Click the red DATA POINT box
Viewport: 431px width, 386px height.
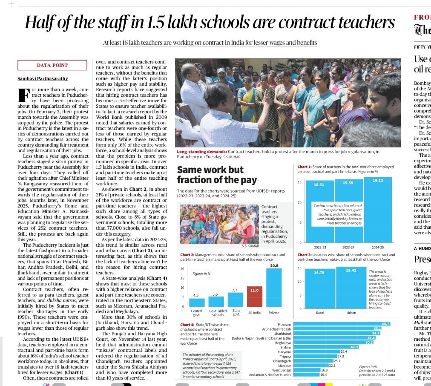52,65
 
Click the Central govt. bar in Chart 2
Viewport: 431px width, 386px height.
197,302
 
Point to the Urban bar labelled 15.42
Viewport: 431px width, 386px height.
351,288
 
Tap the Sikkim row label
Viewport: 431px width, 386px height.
285,348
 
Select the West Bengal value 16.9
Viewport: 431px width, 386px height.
325,370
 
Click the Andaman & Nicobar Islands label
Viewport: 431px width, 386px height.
270,374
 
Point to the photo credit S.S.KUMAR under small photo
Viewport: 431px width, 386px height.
251,245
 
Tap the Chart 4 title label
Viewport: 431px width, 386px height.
186,325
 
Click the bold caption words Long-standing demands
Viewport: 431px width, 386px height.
201,152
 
